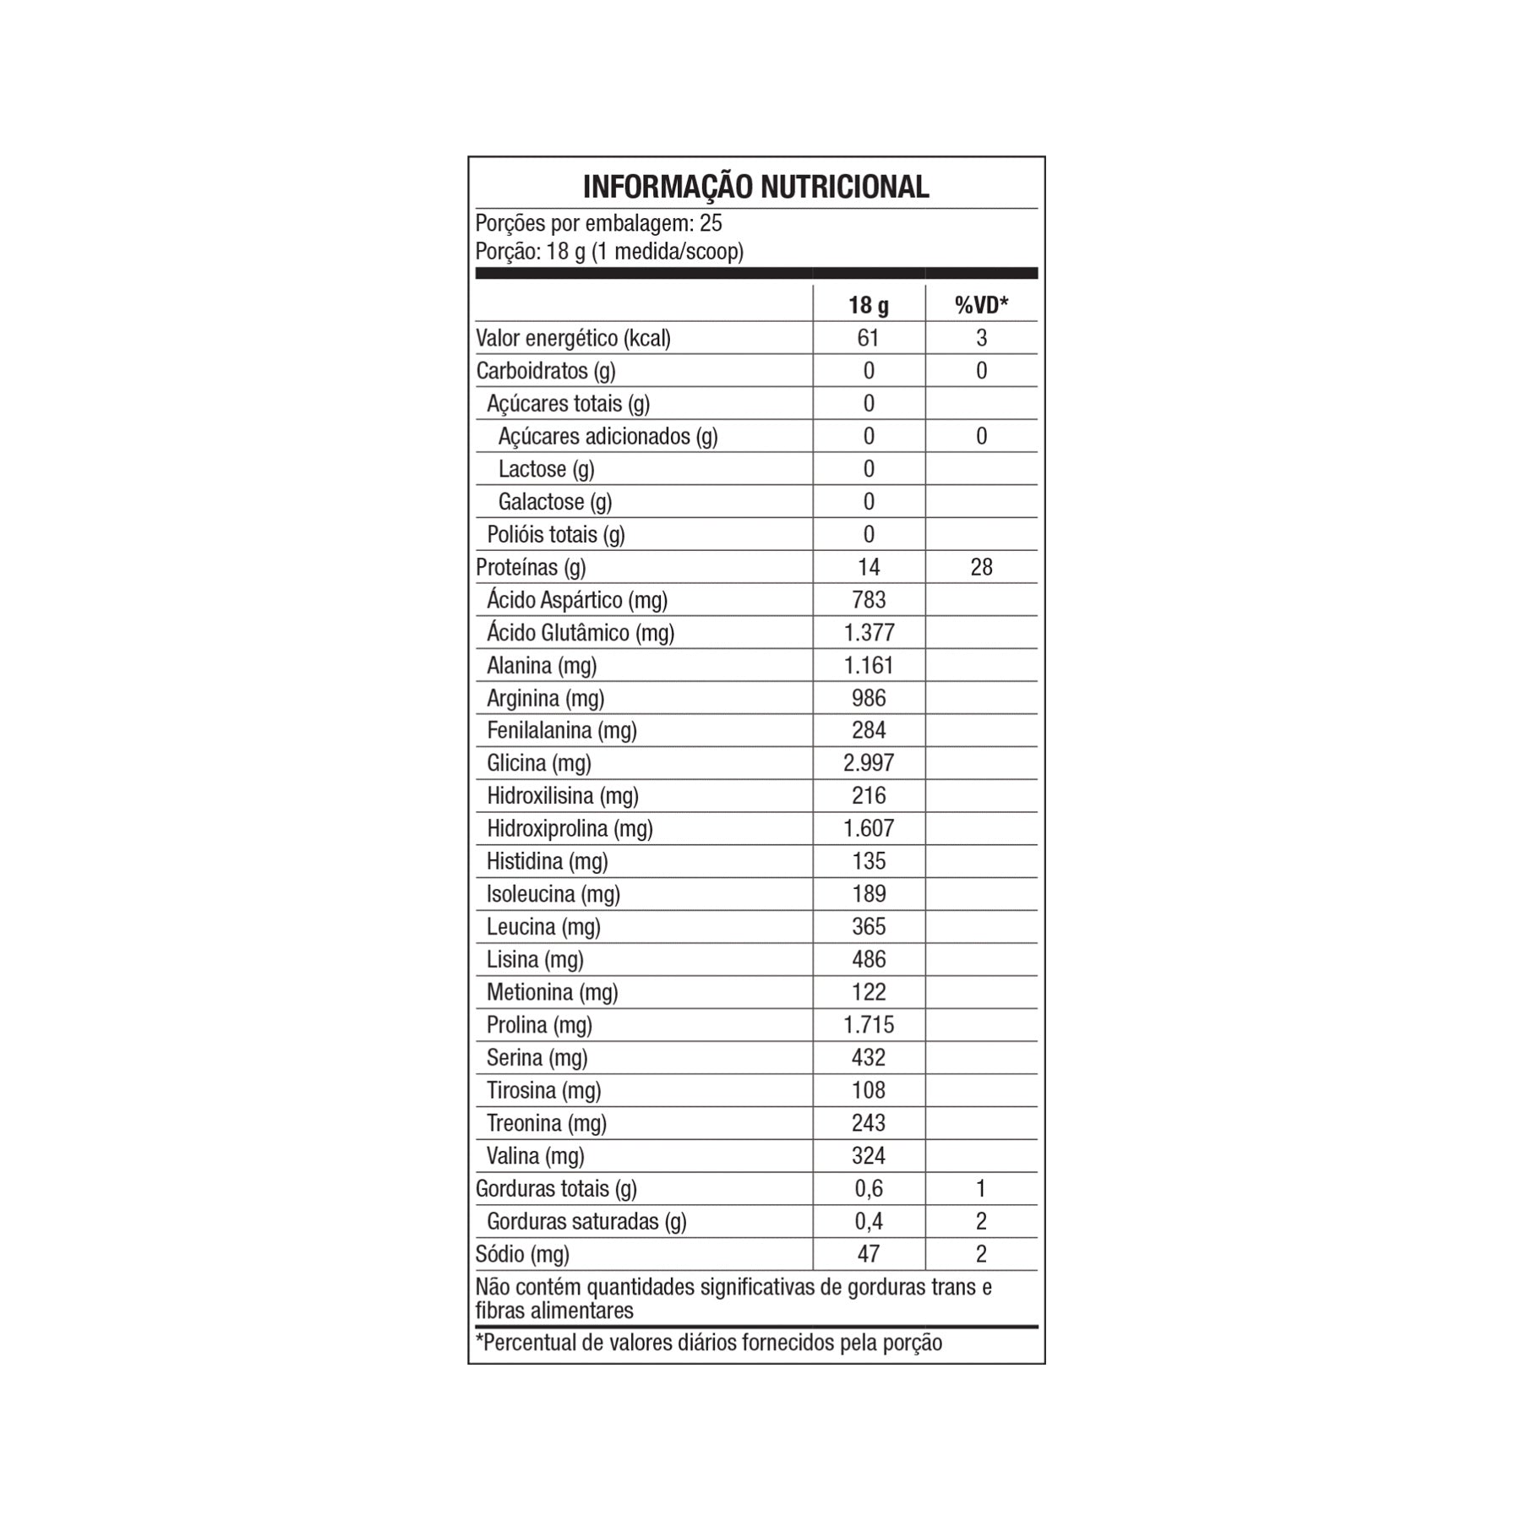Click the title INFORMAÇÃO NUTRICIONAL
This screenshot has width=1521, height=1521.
point(755,187)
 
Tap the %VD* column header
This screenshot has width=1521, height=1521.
point(981,305)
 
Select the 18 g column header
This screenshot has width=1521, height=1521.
point(869,305)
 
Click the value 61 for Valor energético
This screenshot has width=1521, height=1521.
point(869,338)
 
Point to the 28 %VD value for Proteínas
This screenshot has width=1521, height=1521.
point(981,567)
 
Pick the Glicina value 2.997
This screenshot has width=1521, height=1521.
point(869,763)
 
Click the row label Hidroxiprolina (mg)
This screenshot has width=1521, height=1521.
point(570,828)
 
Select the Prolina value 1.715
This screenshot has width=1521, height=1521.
point(869,1025)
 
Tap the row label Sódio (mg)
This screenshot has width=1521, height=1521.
point(522,1254)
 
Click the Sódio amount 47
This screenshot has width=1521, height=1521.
point(869,1254)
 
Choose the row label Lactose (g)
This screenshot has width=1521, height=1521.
point(546,469)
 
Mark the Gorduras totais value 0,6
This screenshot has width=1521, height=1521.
point(869,1189)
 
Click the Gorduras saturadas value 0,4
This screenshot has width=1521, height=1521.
point(869,1221)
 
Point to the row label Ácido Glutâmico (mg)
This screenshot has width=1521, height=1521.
point(581,633)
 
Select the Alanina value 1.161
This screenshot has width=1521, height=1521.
point(869,665)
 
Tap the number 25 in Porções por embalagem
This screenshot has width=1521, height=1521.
point(711,223)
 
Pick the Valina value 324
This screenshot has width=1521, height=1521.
point(869,1156)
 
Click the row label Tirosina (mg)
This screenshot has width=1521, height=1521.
point(543,1090)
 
